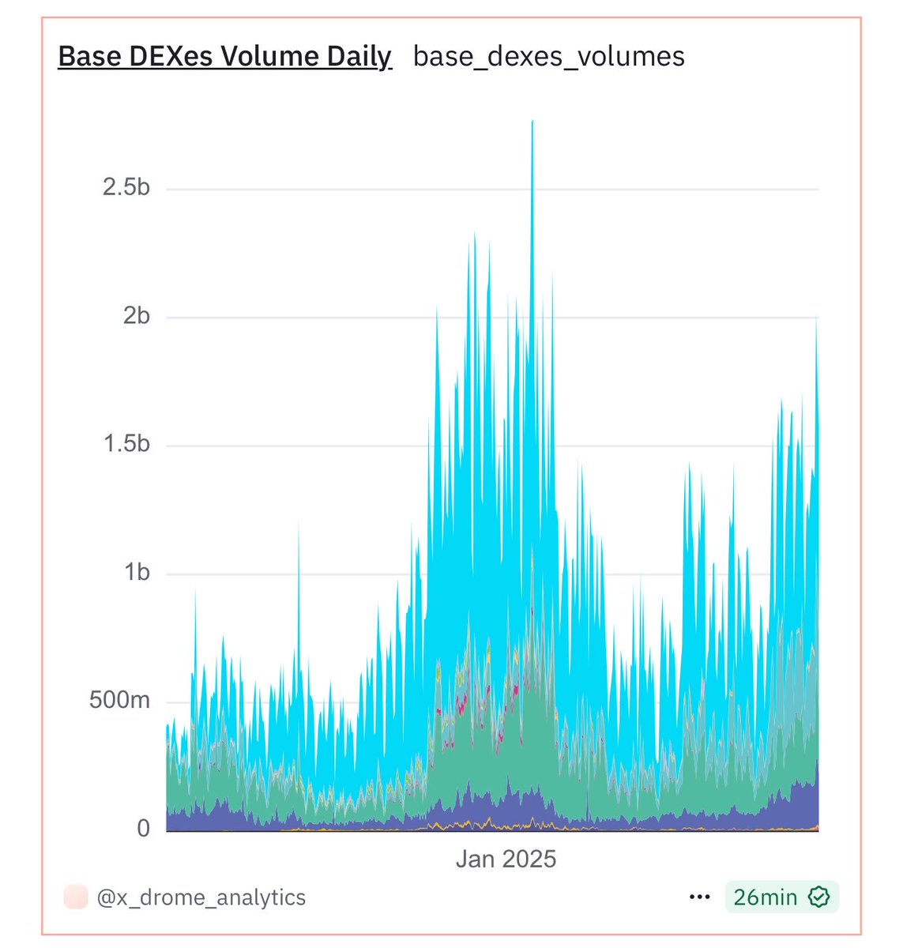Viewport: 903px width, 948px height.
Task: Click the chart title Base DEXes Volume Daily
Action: point(225,57)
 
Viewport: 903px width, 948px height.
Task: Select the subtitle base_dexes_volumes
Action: point(549,57)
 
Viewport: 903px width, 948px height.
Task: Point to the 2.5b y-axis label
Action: point(126,188)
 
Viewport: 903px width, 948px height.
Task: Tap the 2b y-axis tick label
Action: point(136,316)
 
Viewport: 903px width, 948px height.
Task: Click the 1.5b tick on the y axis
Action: point(126,444)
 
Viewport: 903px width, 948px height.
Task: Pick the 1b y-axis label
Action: point(136,572)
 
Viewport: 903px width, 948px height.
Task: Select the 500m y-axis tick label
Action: point(119,700)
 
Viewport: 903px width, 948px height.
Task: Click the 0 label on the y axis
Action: point(143,828)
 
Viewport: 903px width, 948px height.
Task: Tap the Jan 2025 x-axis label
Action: point(506,860)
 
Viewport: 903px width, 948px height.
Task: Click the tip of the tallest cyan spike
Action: point(532,122)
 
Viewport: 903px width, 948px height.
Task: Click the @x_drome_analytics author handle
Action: point(201,897)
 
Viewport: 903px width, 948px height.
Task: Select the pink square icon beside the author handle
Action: point(76,897)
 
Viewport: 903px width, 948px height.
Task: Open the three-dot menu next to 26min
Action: point(700,897)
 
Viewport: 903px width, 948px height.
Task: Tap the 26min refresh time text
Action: point(765,897)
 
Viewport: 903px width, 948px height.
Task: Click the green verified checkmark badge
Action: point(819,897)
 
